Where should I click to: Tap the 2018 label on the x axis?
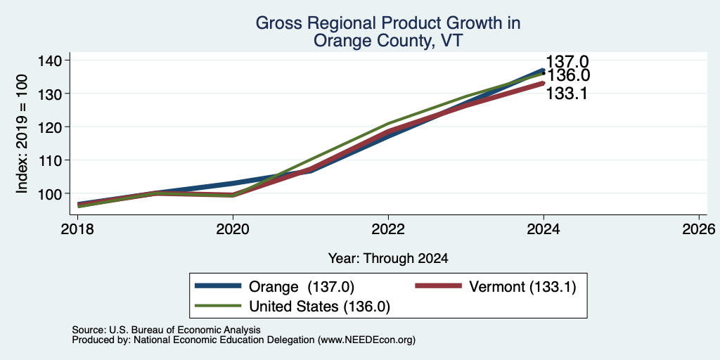[x=78, y=229]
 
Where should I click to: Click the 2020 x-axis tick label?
[x=233, y=229]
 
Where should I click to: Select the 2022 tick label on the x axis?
[x=388, y=229]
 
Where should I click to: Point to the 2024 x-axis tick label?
[x=544, y=229]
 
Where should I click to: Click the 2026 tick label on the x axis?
[x=699, y=229]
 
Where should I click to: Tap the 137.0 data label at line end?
[x=567, y=62]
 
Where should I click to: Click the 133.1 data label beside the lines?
[x=567, y=94]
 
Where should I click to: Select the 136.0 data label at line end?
[x=567, y=75]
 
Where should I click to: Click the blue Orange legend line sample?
[x=218, y=286]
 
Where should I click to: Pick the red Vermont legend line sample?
[x=438, y=286]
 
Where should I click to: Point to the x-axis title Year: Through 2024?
[x=388, y=259]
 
